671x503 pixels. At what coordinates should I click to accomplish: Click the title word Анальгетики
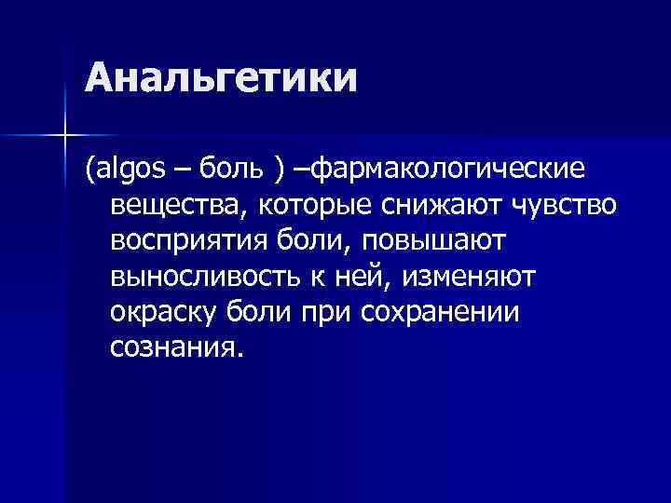[221, 78]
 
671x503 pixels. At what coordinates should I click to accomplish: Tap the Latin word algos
[131, 170]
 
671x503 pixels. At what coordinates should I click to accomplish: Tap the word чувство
[560, 205]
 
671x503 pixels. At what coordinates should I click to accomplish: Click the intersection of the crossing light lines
[64, 137]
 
